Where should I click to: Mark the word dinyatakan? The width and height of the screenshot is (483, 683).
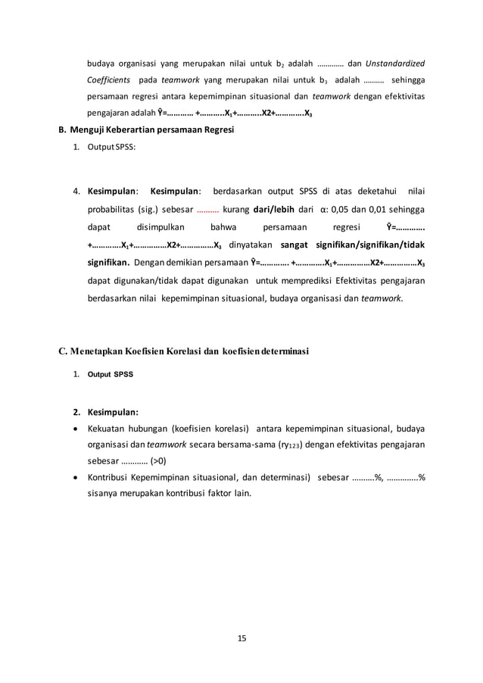[x=251, y=245]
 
